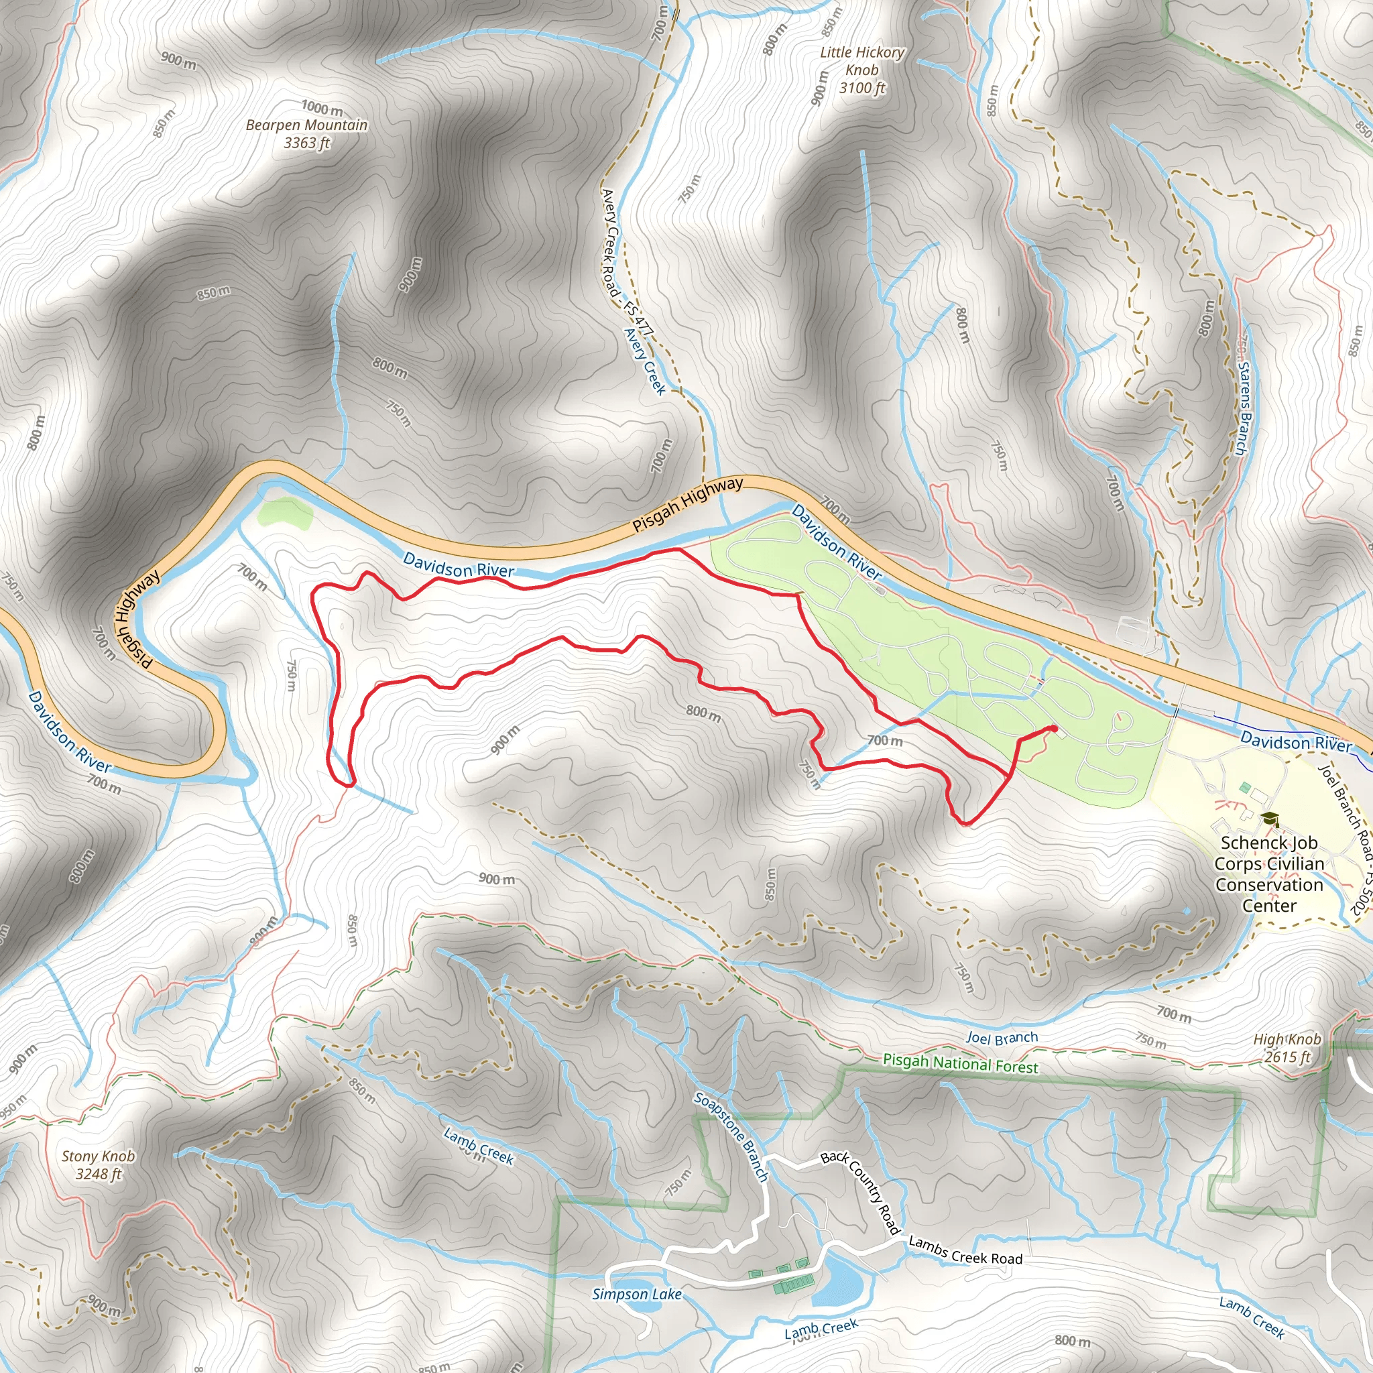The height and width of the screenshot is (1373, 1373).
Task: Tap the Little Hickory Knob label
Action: pyautogui.click(x=862, y=70)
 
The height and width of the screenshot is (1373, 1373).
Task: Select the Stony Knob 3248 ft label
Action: pyautogui.click(x=98, y=1165)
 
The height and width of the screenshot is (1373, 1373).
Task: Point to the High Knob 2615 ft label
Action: pyautogui.click(x=1287, y=1048)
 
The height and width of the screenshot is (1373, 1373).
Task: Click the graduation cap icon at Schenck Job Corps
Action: pyautogui.click(x=1270, y=819)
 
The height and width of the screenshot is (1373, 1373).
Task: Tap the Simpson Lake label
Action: pyautogui.click(x=637, y=1294)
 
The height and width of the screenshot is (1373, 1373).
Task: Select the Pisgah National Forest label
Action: pyautogui.click(x=960, y=1064)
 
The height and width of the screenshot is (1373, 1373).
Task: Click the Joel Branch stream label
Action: pyautogui.click(x=1002, y=1038)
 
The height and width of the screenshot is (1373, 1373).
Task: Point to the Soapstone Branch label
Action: pyautogui.click(x=731, y=1137)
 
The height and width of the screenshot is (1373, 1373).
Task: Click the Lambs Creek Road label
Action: pyautogui.click(x=965, y=1250)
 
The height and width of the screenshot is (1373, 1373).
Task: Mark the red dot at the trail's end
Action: pyautogui.click(x=1053, y=729)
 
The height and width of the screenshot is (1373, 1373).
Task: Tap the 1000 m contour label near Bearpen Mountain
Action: pyautogui.click(x=322, y=108)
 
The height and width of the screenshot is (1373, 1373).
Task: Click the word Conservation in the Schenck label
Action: pyautogui.click(x=1269, y=885)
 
